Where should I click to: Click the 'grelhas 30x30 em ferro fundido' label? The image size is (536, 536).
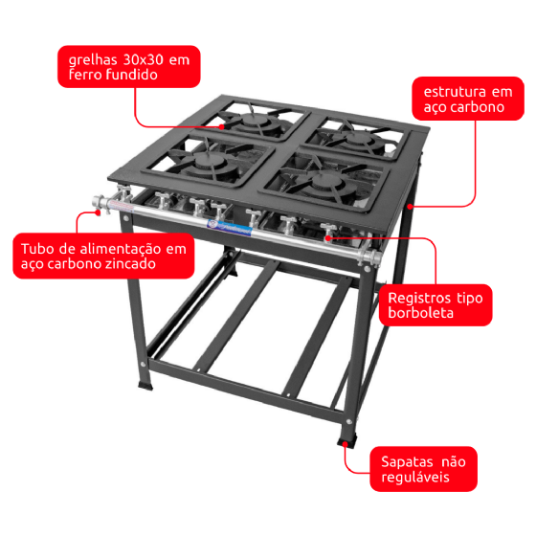tap(129, 67)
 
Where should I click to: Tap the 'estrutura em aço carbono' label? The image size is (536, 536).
tap(468, 99)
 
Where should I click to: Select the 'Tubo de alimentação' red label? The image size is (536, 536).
tap(103, 256)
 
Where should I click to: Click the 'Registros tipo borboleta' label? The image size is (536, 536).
tap(435, 305)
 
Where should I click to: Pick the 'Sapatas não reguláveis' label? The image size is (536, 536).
tap(423, 469)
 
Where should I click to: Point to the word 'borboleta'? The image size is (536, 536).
tap(421, 313)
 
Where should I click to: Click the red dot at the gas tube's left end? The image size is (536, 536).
tap(98, 212)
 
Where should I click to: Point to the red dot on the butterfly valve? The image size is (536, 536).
tap(327, 237)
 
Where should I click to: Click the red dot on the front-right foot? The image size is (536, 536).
tap(346, 444)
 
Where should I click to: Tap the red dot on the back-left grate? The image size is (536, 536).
tap(221, 126)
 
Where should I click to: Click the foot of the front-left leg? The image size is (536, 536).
tap(145, 385)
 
